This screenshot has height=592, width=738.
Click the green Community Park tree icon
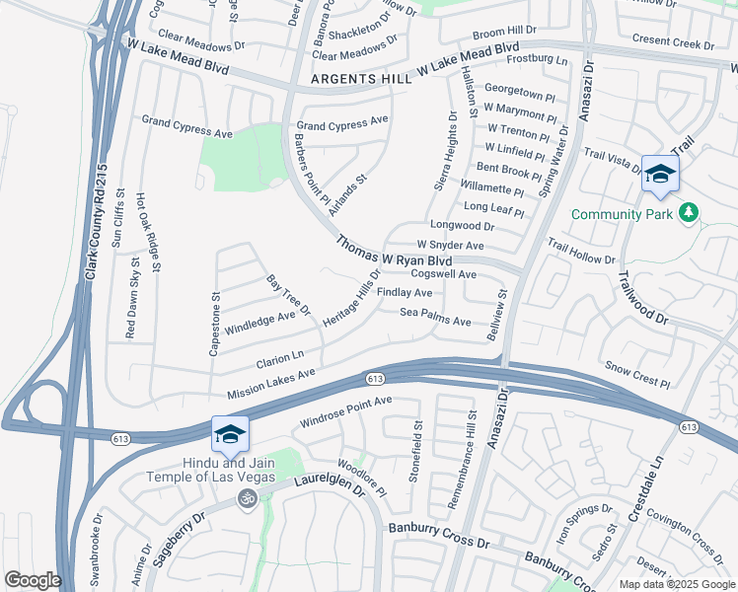689,213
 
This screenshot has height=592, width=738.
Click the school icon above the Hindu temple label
230,434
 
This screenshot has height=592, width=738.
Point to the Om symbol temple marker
247,501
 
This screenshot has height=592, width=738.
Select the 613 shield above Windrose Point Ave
374,379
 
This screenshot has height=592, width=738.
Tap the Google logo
33,579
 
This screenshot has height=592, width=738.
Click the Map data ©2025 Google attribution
676,584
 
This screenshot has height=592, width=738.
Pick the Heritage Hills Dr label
349,299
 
